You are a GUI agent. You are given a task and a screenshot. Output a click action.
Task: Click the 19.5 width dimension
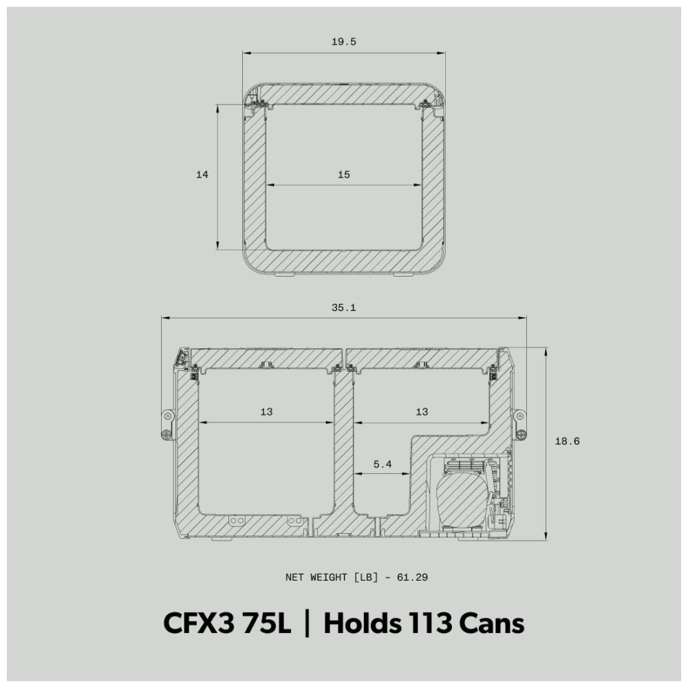coord(343,42)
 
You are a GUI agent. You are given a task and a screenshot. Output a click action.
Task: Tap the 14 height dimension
coord(202,175)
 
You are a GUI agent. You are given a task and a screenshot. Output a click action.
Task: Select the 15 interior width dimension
coord(343,175)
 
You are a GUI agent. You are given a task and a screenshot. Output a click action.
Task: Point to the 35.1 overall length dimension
coord(343,308)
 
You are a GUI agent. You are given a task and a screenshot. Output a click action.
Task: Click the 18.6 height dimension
coord(568,442)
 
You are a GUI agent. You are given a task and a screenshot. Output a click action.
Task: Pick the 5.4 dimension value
coord(382,464)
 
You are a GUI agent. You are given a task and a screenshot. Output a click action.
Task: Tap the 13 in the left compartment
coord(266,411)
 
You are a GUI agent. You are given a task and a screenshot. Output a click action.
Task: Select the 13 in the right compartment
coord(422,411)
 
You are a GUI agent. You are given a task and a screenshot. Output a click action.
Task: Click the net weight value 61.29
coord(412,577)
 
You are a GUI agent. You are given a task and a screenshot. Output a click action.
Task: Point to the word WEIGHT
coord(328,577)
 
